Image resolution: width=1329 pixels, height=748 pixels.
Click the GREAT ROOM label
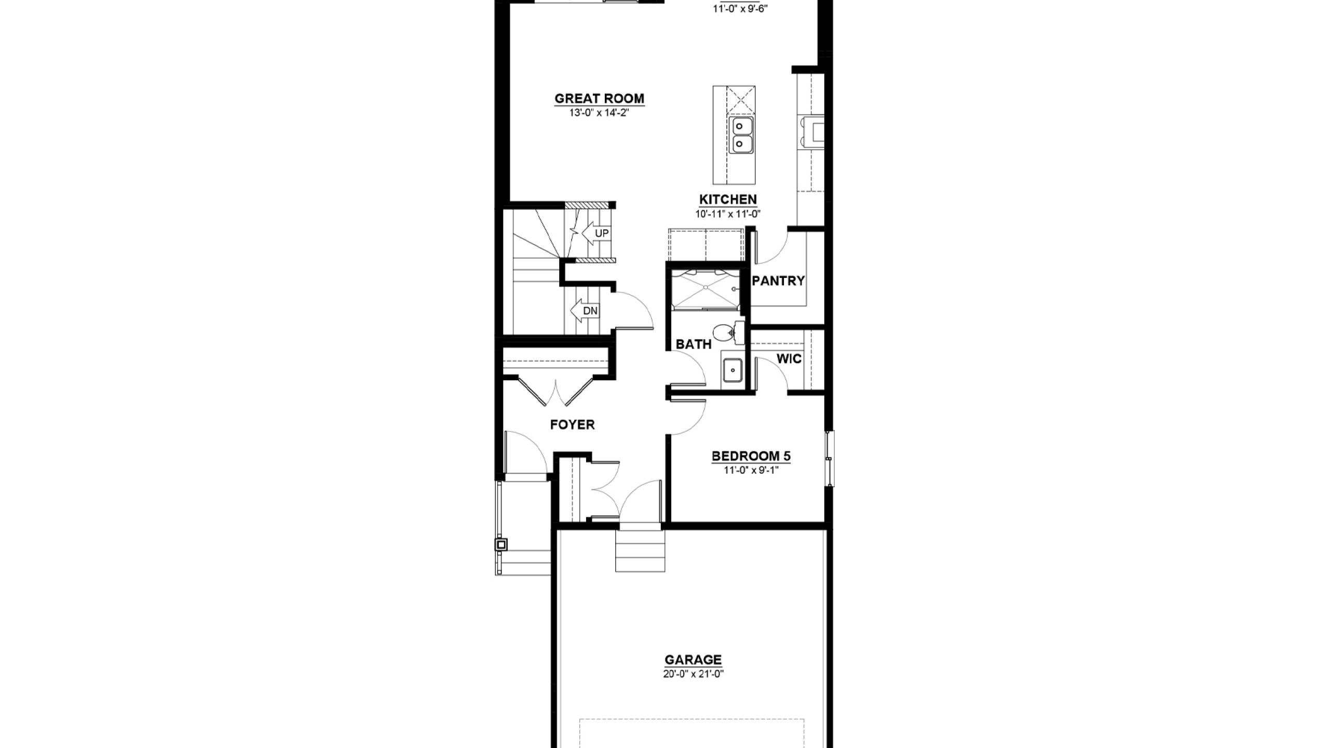click(599, 99)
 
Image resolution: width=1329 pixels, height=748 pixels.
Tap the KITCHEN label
click(728, 199)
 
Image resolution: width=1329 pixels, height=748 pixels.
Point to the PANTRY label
click(778, 281)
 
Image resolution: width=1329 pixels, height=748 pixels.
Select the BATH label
click(694, 344)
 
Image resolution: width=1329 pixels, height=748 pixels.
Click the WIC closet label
click(789, 359)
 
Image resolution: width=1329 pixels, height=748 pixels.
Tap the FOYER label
click(572, 425)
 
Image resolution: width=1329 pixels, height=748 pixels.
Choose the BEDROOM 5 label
click(751, 457)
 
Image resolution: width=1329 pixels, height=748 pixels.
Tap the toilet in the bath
click(727, 333)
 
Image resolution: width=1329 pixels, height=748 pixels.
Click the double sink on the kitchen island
click(741, 135)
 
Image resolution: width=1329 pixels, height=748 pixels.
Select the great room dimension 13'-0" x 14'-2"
click(600, 113)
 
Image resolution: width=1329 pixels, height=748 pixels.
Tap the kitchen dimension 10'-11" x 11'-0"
click(728, 213)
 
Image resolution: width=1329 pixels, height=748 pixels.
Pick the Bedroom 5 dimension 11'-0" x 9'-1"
click(751, 471)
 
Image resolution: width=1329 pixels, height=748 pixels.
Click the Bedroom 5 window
click(830, 459)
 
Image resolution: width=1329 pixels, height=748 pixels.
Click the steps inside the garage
click(640, 551)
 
